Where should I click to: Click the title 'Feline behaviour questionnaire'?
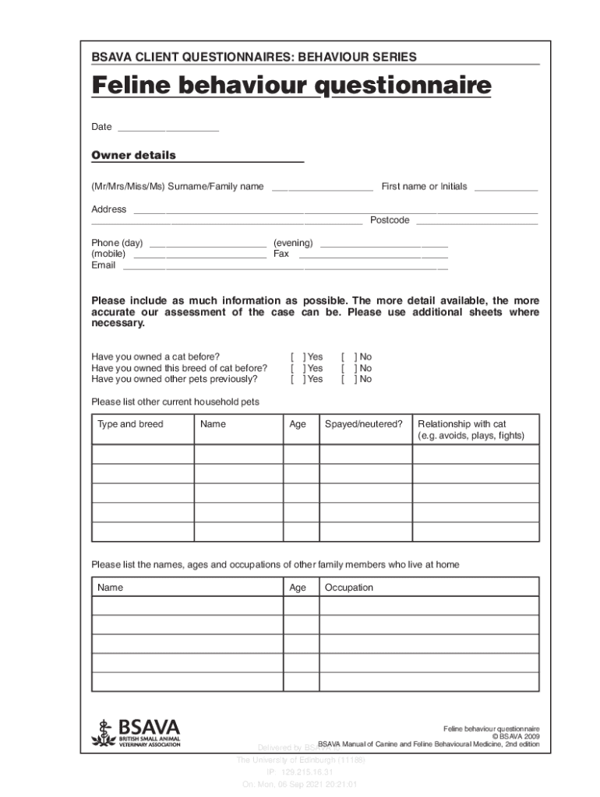[291, 86]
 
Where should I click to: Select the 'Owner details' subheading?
[133, 156]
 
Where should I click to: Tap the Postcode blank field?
[476, 221]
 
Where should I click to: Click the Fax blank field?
[373, 255]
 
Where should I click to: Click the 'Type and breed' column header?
[130, 424]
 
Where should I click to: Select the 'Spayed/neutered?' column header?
[363, 424]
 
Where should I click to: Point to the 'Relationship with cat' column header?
[462, 424]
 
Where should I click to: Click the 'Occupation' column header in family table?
[349, 588]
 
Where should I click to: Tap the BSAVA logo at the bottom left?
[136, 732]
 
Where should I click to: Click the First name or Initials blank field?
[506, 188]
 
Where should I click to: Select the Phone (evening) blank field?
[384, 244]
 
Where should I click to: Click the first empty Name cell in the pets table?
[238, 455]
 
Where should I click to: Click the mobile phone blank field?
[199, 255]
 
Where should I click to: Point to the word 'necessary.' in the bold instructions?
[118, 323]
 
